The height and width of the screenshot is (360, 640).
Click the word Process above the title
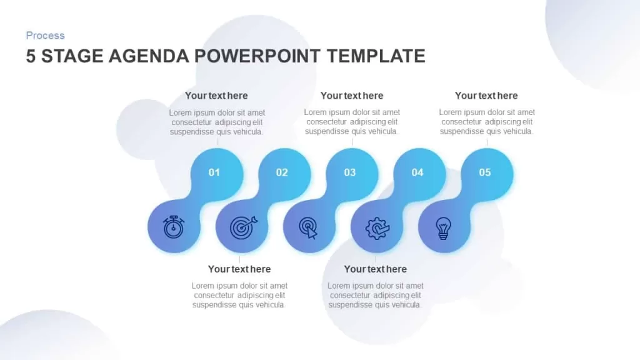click(45, 36)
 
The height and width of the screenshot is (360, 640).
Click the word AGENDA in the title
click(149, 56)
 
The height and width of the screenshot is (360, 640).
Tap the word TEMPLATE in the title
click(376, 56)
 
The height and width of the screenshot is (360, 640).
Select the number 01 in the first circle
click(214, 172)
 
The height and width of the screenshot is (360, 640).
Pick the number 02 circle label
click(282, 172)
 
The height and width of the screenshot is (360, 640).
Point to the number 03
click(350, 172)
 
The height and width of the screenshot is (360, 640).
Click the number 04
click(417, 172)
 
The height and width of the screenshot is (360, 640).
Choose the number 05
click(485, 172)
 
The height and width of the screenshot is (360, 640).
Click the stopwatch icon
click(174, 227)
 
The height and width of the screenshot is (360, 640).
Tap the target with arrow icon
click(243, 227)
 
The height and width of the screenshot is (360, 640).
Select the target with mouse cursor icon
click(309, 227)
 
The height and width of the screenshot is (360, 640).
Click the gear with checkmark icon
click(377, 228)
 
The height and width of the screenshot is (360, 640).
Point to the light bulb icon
click(443, 227)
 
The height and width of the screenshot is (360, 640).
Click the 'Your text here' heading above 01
click(216, 96)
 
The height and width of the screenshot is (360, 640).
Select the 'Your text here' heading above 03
click(352, 96)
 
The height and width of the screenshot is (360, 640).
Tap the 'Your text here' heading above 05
click(486, 96)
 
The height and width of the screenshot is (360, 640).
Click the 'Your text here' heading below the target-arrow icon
click(239, 269)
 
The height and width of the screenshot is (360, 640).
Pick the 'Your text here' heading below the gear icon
click(376, 269)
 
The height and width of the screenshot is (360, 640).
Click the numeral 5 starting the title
click(31, 56)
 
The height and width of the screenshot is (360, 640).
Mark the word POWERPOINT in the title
click(257, 56)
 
